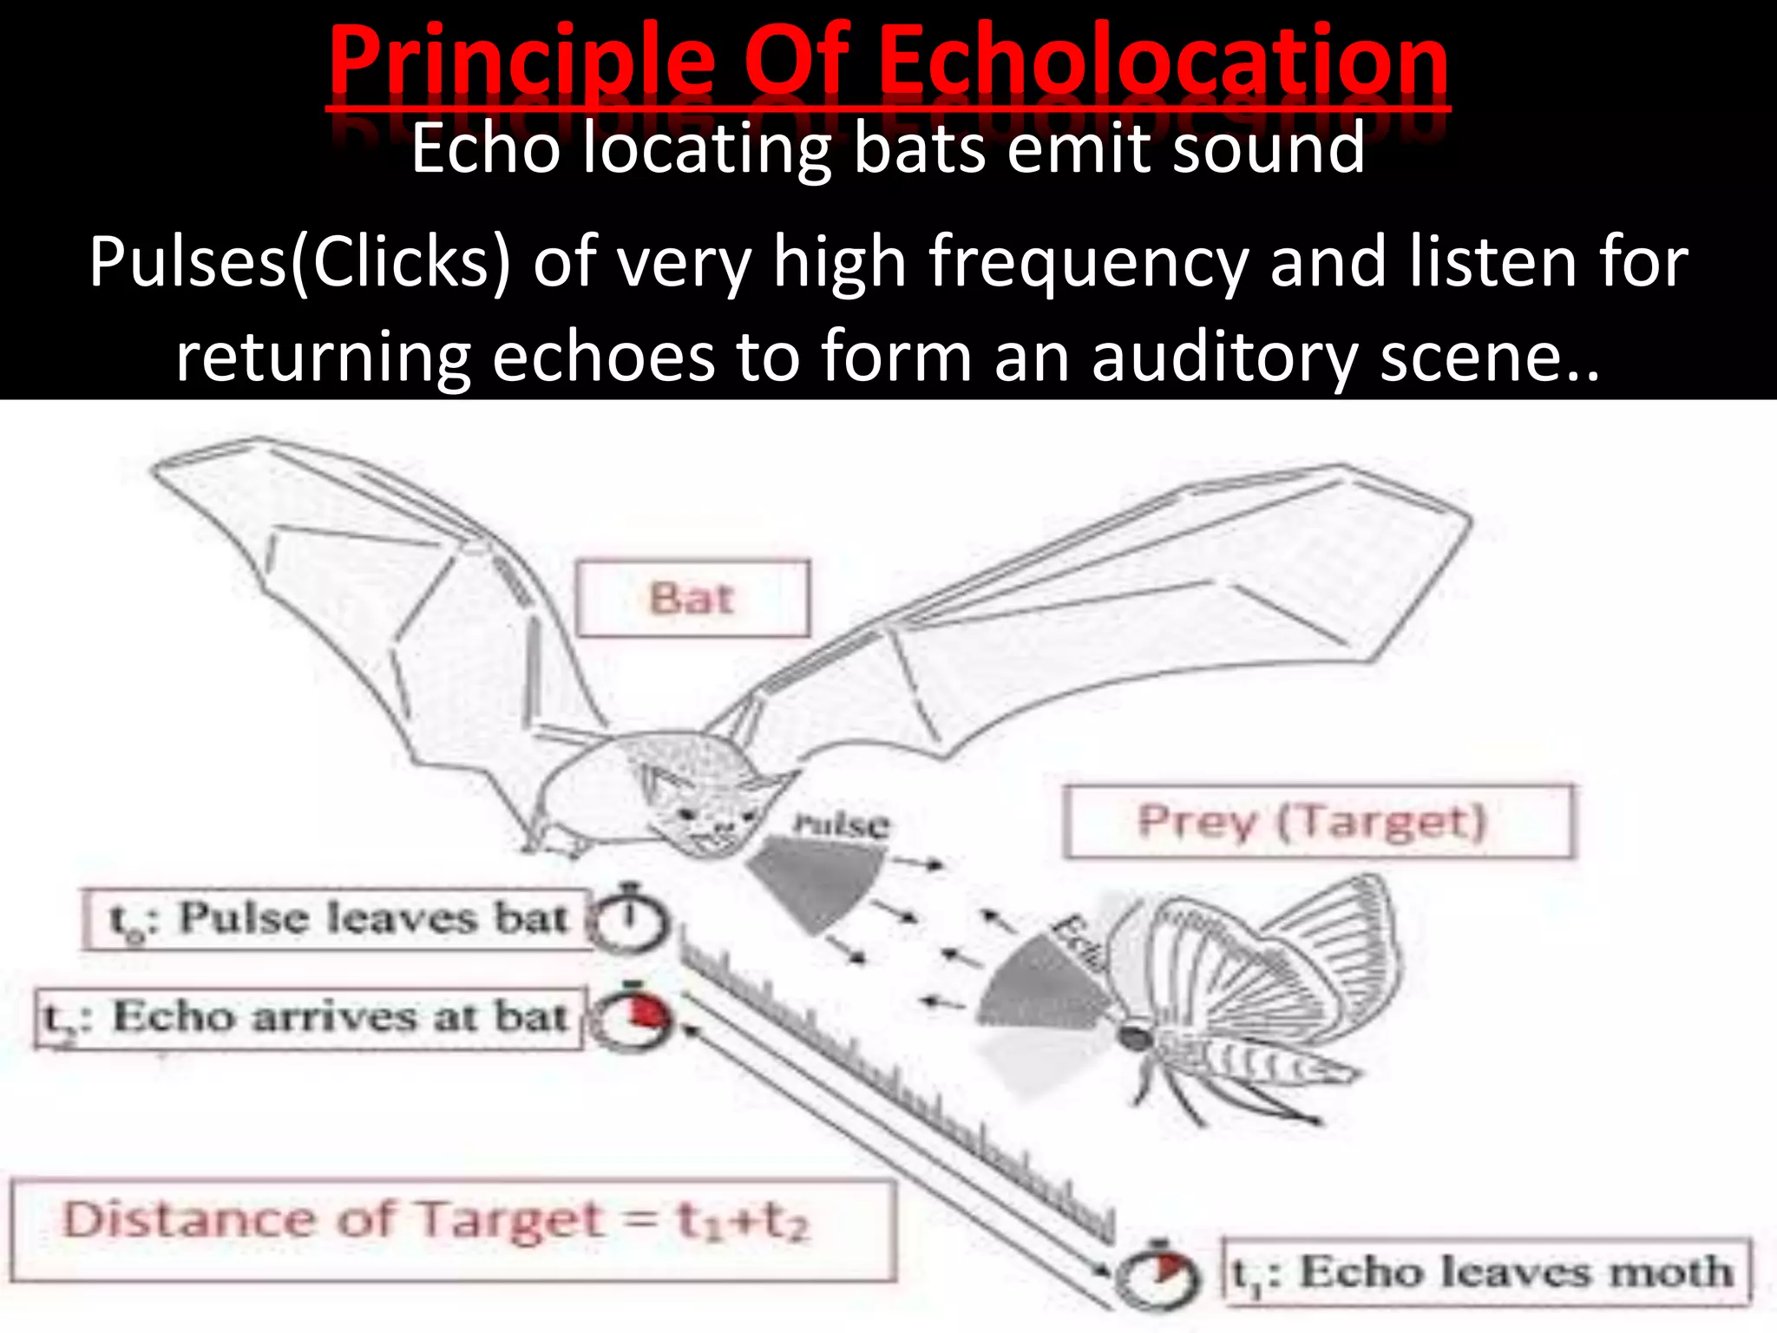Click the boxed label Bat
[x=692, y=599]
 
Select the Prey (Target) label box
[x=1317, y=821]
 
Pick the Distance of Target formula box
[x=451, y=1229]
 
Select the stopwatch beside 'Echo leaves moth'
[x=1158, y=1274]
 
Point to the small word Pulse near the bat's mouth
[x=840, y=824]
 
